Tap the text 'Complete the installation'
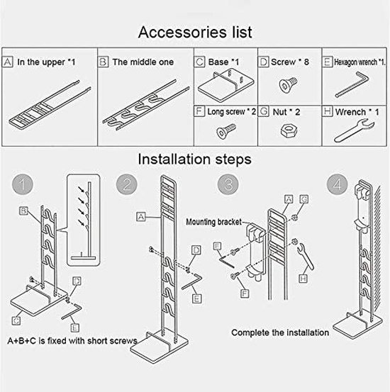[280, 332]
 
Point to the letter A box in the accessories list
[9, 62]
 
